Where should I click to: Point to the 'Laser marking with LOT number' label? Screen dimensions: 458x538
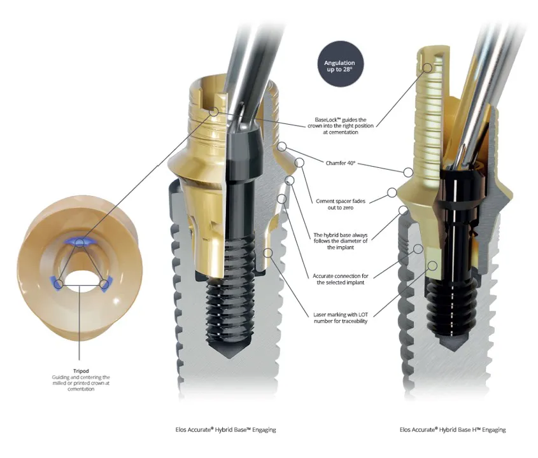click(341, 317)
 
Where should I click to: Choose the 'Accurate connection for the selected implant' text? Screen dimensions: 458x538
click(339, 279)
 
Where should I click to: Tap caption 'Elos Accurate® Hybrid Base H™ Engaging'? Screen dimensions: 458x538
click(453, 430)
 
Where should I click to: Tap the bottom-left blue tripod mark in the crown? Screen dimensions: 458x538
click(58, 284)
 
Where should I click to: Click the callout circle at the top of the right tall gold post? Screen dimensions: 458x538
click(427, 62)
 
